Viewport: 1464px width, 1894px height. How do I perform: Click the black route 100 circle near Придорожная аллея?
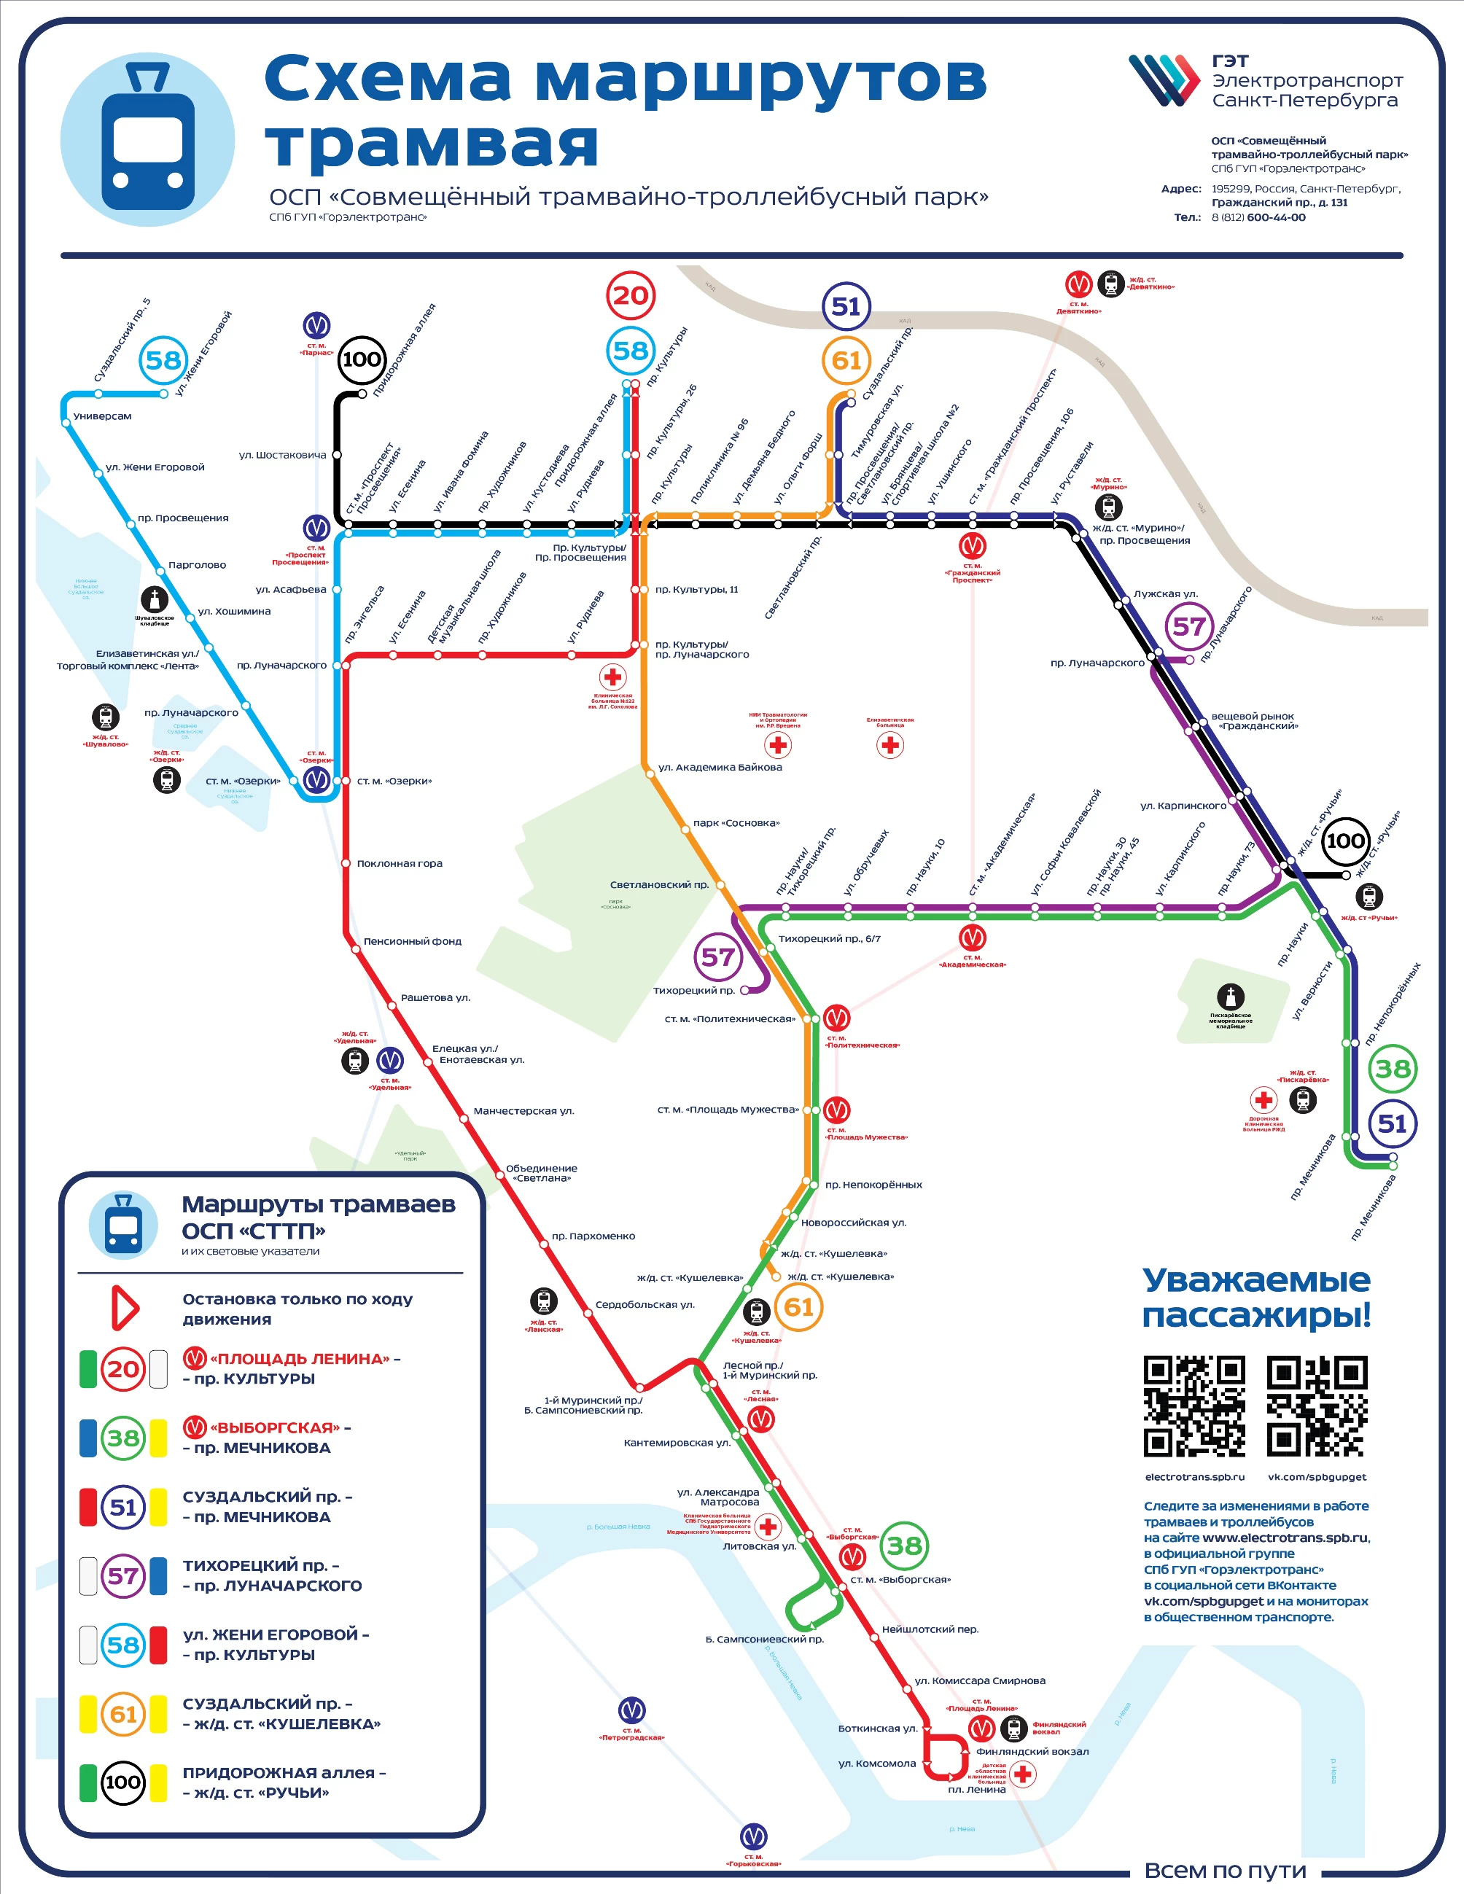click(362, 359)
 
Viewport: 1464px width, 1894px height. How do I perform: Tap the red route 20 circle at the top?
click(631, 296)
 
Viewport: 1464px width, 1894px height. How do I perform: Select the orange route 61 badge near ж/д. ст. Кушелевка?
click(799, 1307)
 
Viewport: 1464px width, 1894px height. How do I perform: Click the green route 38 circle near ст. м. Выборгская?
click(905, 1545)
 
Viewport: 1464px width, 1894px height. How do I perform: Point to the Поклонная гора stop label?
click(400, 864)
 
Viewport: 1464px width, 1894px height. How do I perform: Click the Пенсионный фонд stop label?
click(412, 942)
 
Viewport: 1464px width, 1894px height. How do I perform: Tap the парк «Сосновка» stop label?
click(736, 823)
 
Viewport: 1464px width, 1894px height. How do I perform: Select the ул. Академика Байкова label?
click(720, 768)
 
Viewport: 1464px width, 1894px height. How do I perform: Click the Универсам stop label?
click(102, 416)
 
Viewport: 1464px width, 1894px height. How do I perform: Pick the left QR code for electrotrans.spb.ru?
click(1194, 1406)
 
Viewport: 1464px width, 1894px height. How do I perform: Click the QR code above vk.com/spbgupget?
click(1317, 1406)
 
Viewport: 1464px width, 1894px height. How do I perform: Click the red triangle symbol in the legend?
click(125, 1309)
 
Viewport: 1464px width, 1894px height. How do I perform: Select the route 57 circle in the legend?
click(123, 1575)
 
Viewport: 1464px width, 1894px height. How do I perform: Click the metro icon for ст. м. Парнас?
click(316, 325)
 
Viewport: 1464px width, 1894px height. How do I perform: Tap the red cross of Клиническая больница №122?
click(613, 677)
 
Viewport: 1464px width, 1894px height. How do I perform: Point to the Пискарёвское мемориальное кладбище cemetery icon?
click(1231, 997)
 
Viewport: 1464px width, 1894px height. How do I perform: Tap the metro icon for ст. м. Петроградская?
click(631, 1711)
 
